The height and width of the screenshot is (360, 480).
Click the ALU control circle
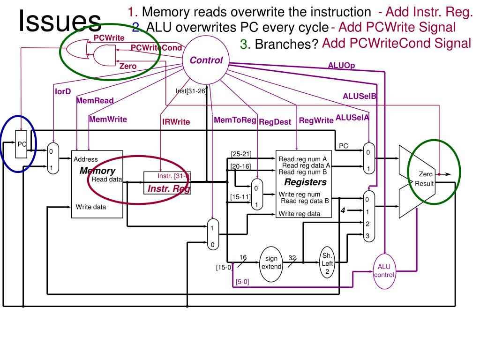tap(384, 270)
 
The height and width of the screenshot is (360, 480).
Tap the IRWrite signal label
tap(176, 122)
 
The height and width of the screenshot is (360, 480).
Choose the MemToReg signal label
tap(235, 120)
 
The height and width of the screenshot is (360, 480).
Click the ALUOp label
tap(341, 66)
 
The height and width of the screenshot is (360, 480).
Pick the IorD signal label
tap(63, 91)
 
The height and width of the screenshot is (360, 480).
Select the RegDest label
tap(275, 122)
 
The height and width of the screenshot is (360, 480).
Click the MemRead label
tap(95, 100)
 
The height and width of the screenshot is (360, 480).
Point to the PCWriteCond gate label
tap(156, 47)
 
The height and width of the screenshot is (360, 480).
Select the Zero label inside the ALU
tap(426, 174)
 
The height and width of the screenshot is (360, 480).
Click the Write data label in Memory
tap(91, 206)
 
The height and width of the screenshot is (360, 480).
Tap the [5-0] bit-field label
tap(242, 282)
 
